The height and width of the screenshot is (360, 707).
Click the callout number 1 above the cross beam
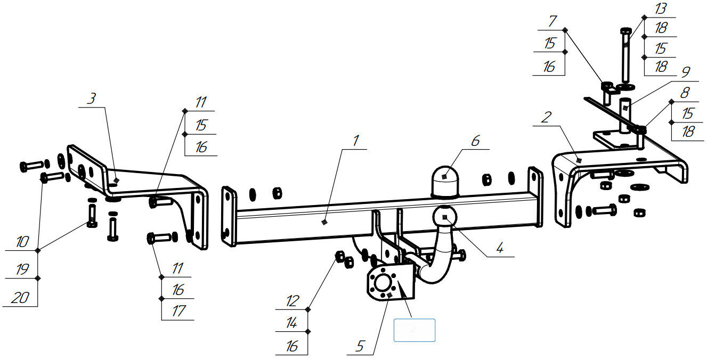click(355, 141)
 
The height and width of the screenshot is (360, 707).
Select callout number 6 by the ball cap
click(475, 141)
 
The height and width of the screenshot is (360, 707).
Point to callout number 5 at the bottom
click(360, 346)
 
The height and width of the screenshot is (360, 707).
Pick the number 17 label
click(178, 312)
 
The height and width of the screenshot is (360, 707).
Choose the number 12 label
click(292, 301)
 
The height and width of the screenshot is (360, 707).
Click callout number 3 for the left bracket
click(92, 98)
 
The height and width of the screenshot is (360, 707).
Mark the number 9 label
click(686, 71)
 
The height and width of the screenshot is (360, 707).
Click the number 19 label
click(22, 270)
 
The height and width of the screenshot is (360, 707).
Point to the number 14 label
click(292, 323)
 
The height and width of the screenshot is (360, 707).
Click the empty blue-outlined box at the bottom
click(415, 330)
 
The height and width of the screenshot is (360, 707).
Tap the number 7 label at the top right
click(552, 22)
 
